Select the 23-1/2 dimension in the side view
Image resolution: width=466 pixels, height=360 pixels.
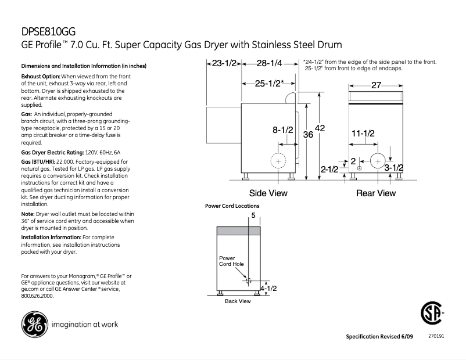pos(224,63)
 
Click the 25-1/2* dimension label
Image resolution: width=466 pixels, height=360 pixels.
pos(269,83)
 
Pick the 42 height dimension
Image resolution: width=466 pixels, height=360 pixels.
pos(320,128)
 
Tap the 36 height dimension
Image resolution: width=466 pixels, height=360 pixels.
pos(309,135)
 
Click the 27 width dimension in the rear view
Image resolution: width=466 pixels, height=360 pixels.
pos(376,85)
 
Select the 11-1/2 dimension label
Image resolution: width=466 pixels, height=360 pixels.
pos(363,134)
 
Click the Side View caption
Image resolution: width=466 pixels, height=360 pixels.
pos(268,193)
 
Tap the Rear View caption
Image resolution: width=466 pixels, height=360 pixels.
pos(376,193)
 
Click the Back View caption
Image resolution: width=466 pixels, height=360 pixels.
pos(238,301)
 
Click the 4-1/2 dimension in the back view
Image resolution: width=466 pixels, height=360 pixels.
pos(268,287)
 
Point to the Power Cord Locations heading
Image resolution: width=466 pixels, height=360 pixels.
pos(232,206)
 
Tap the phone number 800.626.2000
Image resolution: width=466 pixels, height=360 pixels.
pos(37,296)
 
